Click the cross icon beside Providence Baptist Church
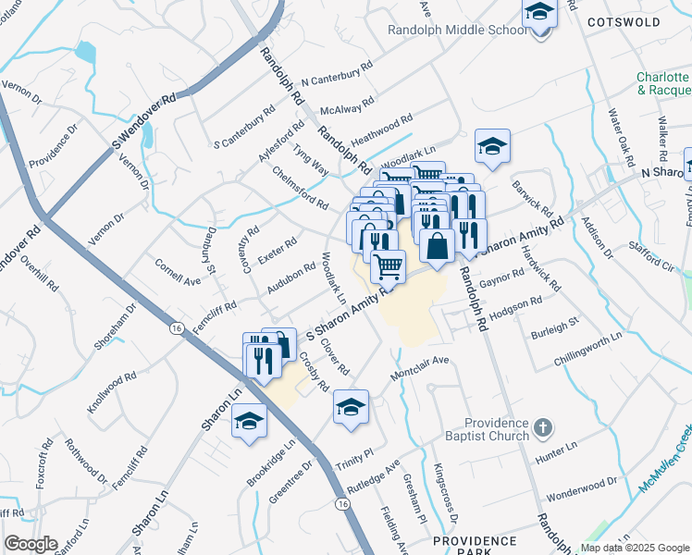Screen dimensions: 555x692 pyautogui.click(x=544, y=428)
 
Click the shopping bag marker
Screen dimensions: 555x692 pyautogui.click(x=437, y=247)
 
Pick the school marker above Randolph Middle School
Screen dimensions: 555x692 pyautogui.click(x=539, y=13)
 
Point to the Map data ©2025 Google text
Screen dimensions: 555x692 pyautogui.click(x=635, y=548)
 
